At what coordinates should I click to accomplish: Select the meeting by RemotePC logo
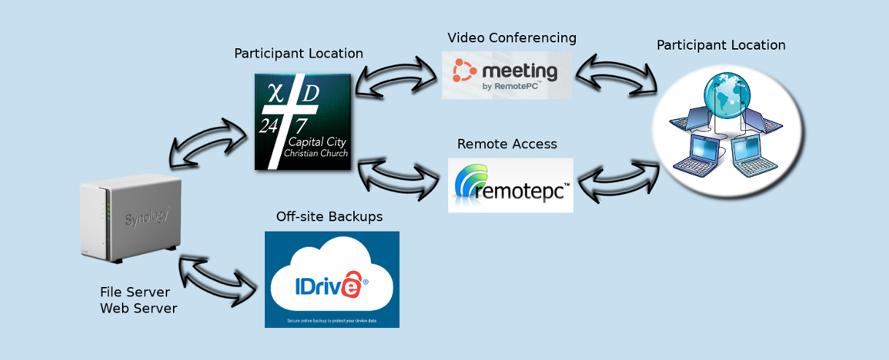click(x=507, y=74)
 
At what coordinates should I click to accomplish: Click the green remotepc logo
click(x=510, y=185)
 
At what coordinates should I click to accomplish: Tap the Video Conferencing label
click(x=512, y=37)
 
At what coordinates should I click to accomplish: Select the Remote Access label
click(x=507, y=144)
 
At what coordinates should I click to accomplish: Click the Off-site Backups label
click(x=329, y=217)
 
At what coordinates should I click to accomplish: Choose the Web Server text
click(x=138, y=308)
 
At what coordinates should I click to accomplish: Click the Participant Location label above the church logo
click(x=299, y=53)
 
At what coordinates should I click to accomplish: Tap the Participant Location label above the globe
click(x=720, y=45)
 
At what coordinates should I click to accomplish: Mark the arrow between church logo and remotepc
click(x=401, y=177)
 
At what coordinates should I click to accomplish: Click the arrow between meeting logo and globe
click(x=615, y=75)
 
